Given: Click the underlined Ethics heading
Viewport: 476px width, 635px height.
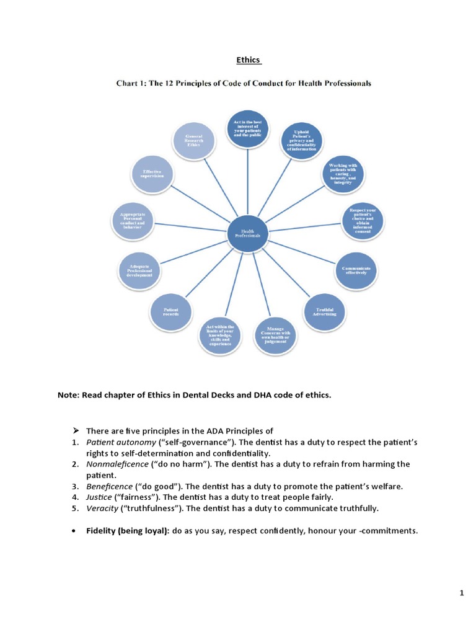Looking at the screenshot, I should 249,60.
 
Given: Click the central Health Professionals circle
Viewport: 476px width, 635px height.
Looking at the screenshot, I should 247,234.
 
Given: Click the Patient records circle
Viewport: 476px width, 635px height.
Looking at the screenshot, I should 171,311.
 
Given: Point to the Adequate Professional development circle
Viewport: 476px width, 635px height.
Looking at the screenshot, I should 139,270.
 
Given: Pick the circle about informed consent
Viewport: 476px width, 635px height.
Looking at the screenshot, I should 363,222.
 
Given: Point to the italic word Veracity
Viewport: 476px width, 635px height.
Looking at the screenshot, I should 102,508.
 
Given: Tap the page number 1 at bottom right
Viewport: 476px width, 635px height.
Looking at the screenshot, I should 462,593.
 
